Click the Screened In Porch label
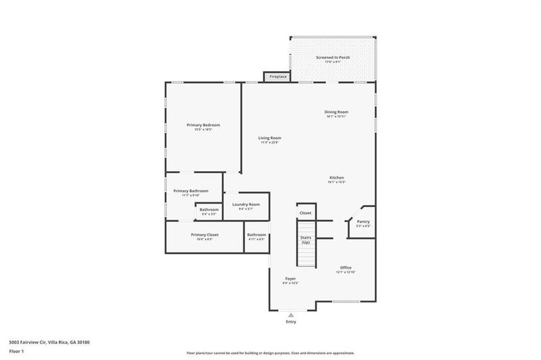(333, 57)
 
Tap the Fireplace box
(278, 76)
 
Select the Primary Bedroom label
(204, 125)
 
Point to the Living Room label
(270, 138)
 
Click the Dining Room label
(336, 112)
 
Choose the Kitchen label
(337, 178)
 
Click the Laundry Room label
(245, 204)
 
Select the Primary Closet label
(204, 234)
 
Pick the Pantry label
(363, 221)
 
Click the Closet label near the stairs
(306, 212)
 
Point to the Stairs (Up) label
(306, 240)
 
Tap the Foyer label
(290, 279)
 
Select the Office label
(346, 267)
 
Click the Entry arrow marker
(291, 315)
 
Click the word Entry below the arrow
(291, 322)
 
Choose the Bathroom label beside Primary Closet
(256, 235)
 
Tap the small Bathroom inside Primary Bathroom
(209, 210)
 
